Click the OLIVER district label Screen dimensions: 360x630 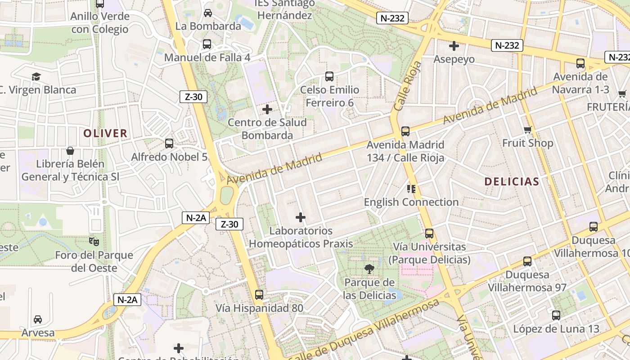105,133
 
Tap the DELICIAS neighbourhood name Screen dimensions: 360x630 512,182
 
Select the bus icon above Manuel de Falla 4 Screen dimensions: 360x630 207,44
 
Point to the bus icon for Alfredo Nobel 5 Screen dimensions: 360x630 169,144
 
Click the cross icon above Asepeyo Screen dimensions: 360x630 454,46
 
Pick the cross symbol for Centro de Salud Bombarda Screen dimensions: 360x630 267,109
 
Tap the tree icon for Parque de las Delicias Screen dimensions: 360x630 369,269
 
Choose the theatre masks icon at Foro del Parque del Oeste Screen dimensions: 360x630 94,242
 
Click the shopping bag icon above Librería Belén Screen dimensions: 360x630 70,150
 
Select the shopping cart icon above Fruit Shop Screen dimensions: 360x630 528,130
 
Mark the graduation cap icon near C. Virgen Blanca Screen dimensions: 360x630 36,76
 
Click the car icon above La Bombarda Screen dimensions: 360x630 208,13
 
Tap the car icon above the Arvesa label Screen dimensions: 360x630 38,319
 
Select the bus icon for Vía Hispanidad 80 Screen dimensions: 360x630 259,295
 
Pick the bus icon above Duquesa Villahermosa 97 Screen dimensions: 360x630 527,261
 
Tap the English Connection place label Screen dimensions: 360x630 411,202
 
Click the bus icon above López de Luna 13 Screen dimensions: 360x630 556,315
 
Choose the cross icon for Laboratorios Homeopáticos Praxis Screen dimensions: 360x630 301,218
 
